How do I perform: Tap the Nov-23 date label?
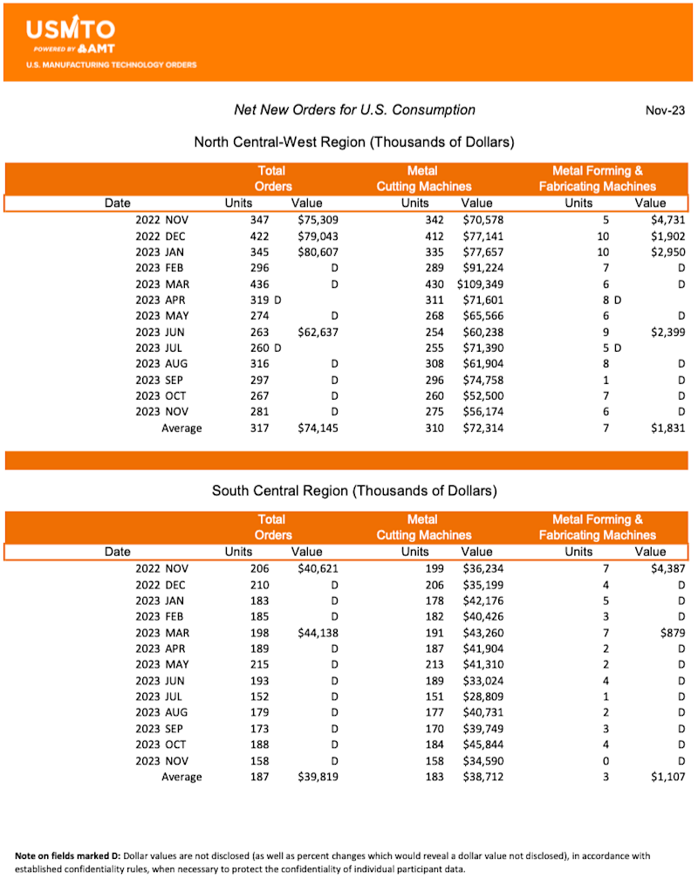tap(665, 111)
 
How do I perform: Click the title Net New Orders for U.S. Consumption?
tap(354, 110)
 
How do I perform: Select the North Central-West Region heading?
tap(353, 141)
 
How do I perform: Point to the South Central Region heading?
tap(354, 491)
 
